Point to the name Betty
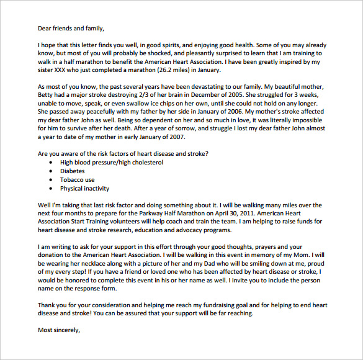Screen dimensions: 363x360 pos(47,96)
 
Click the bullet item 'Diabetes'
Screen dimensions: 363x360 pos(73,171)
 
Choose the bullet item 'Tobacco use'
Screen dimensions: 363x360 pos(77,179)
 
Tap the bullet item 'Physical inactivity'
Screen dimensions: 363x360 pos(84,188)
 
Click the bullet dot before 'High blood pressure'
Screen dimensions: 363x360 pos(51,163)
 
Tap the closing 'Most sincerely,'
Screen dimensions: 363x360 pos(59,330)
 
